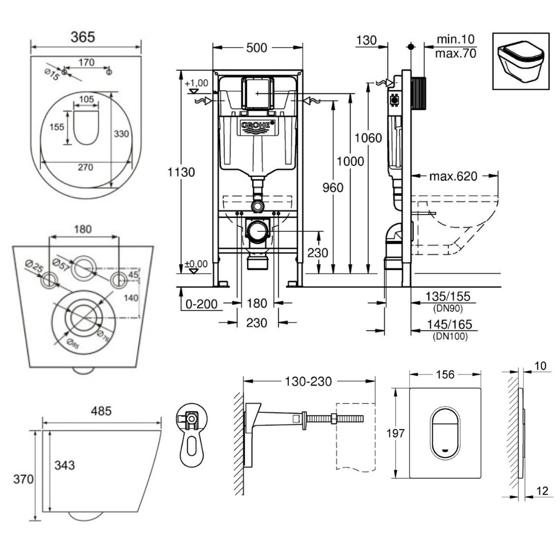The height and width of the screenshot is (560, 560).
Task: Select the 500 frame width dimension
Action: pos(257,48)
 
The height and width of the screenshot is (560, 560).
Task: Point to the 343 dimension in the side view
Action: pos(65,465)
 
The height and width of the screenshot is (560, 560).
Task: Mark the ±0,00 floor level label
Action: pos(197,263)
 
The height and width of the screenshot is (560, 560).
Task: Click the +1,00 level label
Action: pos(197,83)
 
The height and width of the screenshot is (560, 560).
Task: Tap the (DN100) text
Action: pos(450,336)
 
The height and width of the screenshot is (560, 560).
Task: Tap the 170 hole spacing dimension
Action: pos(86,63)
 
